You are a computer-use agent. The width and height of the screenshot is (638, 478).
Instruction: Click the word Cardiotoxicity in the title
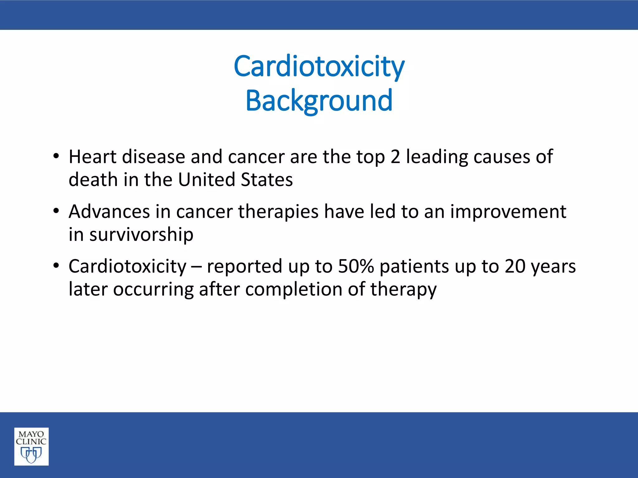pyautogui.click(x=319, y=66)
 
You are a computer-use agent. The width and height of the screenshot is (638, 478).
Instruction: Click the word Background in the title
pyautogui.click(x=319, y=101)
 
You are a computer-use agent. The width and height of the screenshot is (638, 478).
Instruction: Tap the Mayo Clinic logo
pyautogui.click(x=31, y=446)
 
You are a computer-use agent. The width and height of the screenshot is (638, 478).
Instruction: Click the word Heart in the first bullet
pyautogui.click(x=93, y=157)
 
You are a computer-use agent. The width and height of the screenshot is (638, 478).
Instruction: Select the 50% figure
pyautogui.click(x=356, y=266)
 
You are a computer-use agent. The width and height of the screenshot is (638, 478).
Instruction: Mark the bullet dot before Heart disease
pyautogui.click(x=56, y=157)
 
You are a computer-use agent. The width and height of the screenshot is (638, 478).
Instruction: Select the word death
pyautogui.click(x=93, y=180)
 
